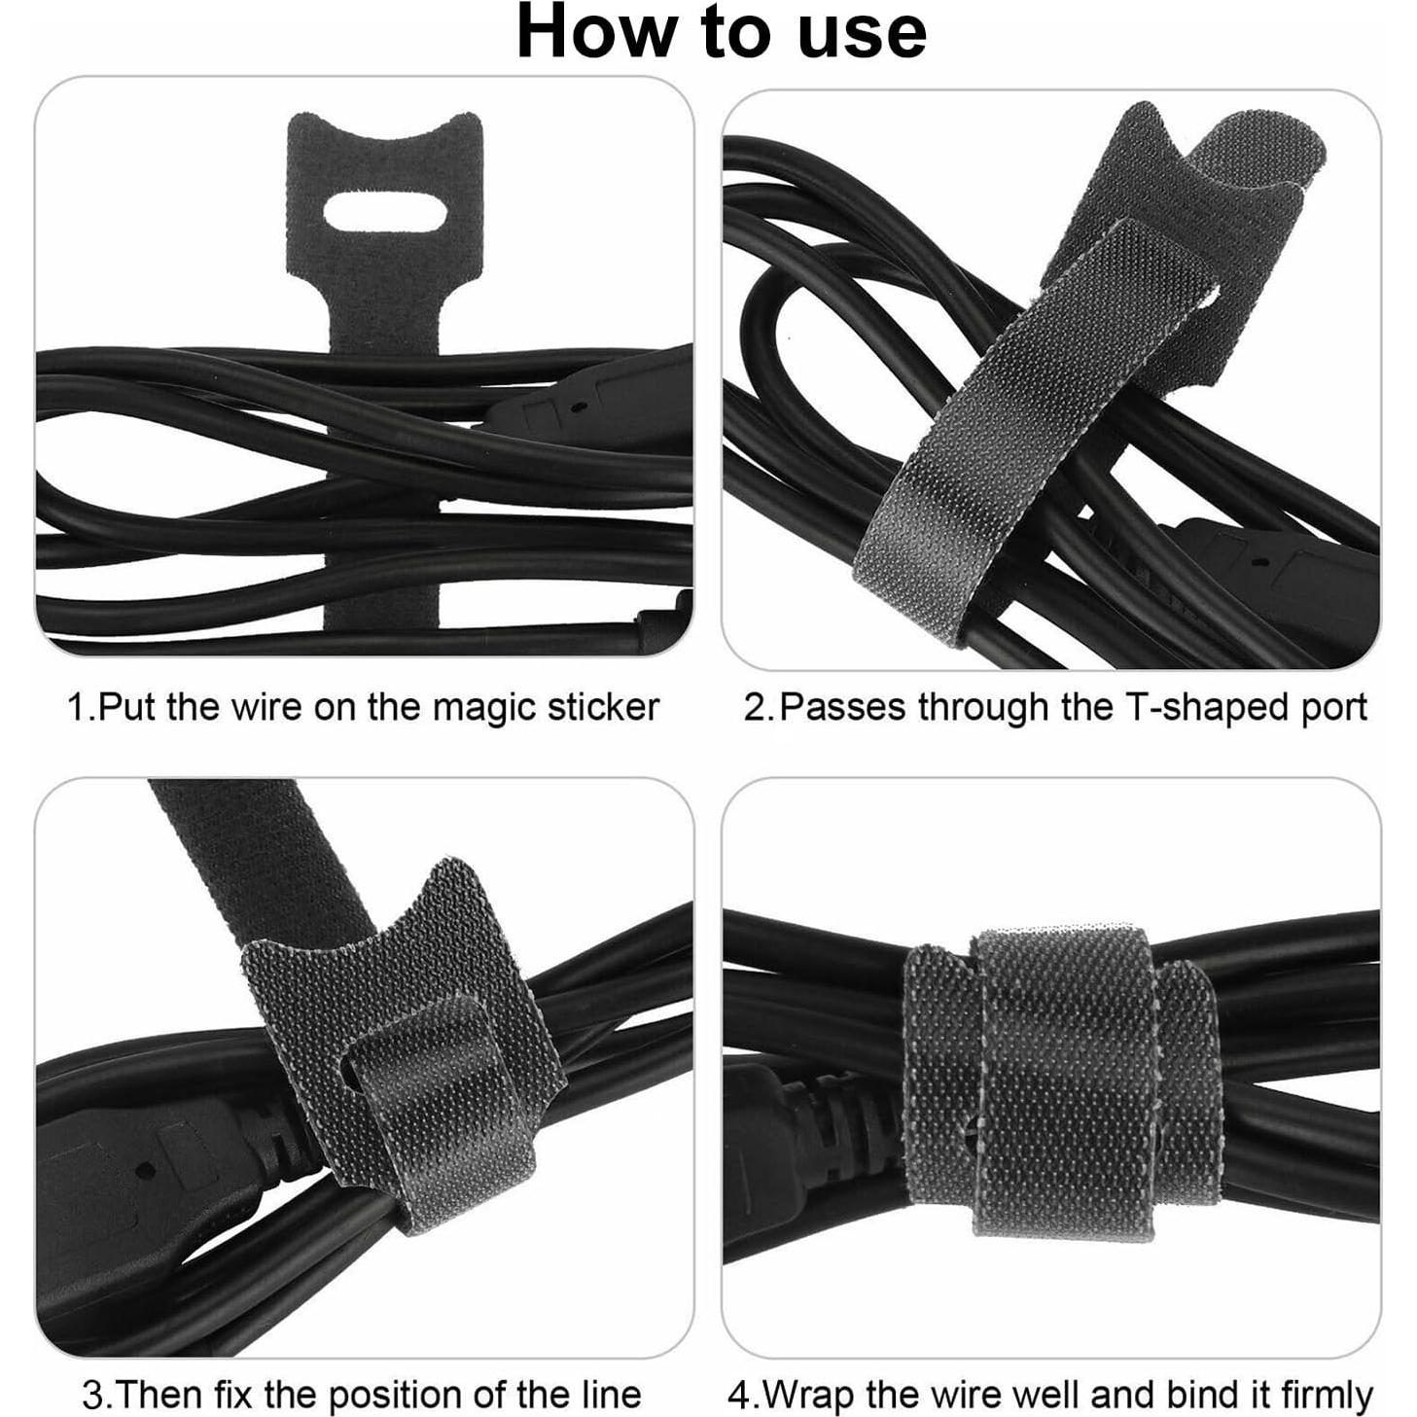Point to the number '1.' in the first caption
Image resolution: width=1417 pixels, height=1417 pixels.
81,707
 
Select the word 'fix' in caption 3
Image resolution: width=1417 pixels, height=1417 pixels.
239,1395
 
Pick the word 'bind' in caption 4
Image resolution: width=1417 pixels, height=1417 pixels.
1170,1395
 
